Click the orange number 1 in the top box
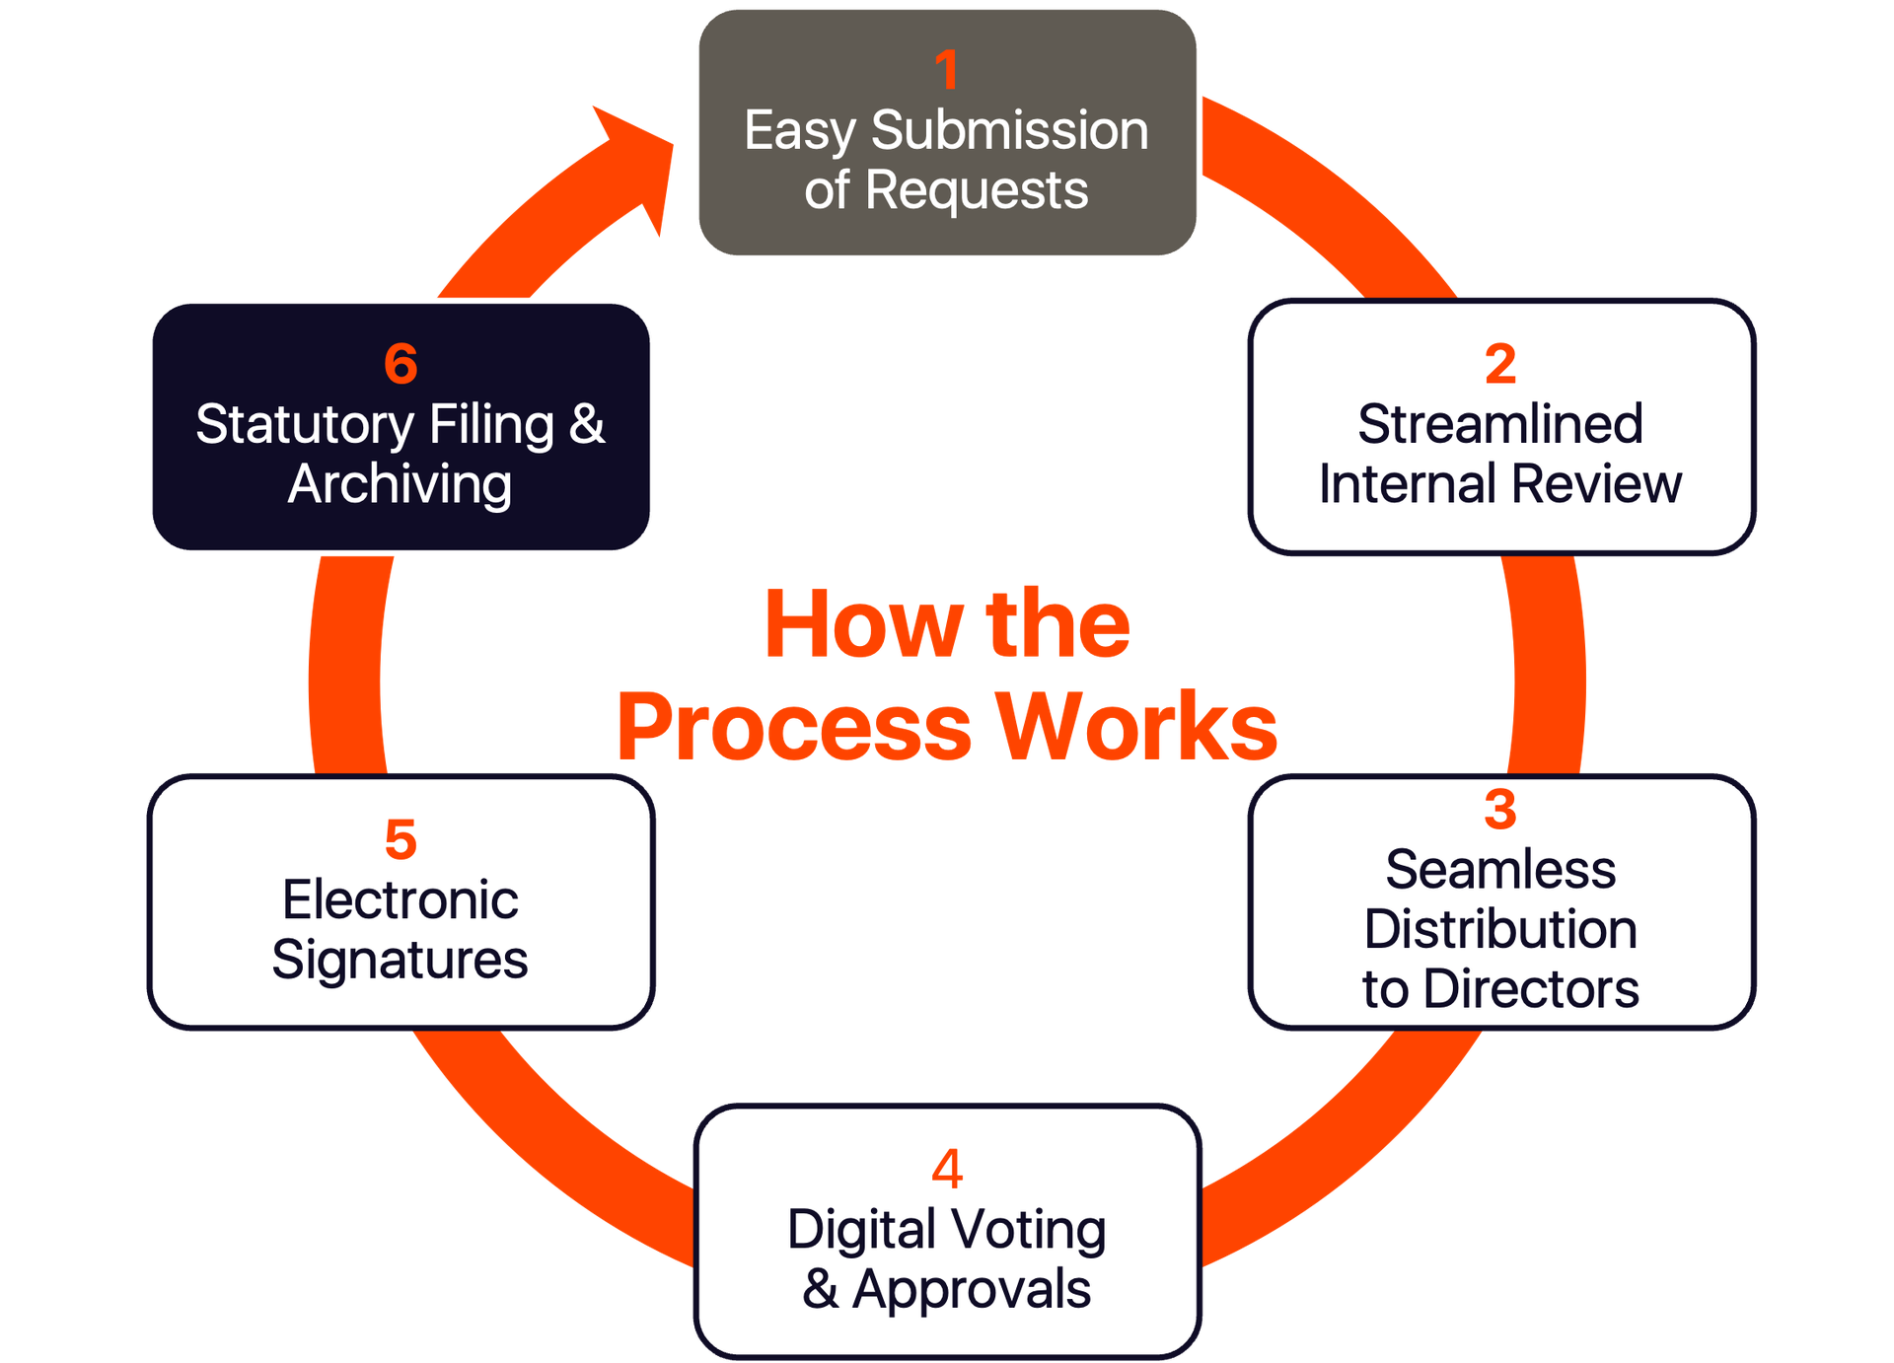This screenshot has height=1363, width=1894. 946,70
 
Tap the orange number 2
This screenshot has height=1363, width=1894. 1499,364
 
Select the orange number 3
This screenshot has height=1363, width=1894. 1499,810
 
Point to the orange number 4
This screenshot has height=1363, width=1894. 947,1169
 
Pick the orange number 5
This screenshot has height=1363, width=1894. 401,839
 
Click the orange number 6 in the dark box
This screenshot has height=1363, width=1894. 401,364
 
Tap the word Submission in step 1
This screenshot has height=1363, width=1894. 1010,131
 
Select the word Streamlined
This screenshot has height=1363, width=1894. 1499,425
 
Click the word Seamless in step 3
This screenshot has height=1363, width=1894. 1500,870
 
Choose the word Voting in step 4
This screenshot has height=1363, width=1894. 1029,1230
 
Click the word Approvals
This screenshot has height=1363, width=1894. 972,1290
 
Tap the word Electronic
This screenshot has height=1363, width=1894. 401,900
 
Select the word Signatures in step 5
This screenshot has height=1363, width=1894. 401,961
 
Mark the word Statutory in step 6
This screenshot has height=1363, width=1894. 304,425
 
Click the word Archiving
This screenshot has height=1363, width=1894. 401,484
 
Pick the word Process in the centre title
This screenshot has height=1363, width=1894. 794,727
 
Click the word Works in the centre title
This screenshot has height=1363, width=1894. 1135,727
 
